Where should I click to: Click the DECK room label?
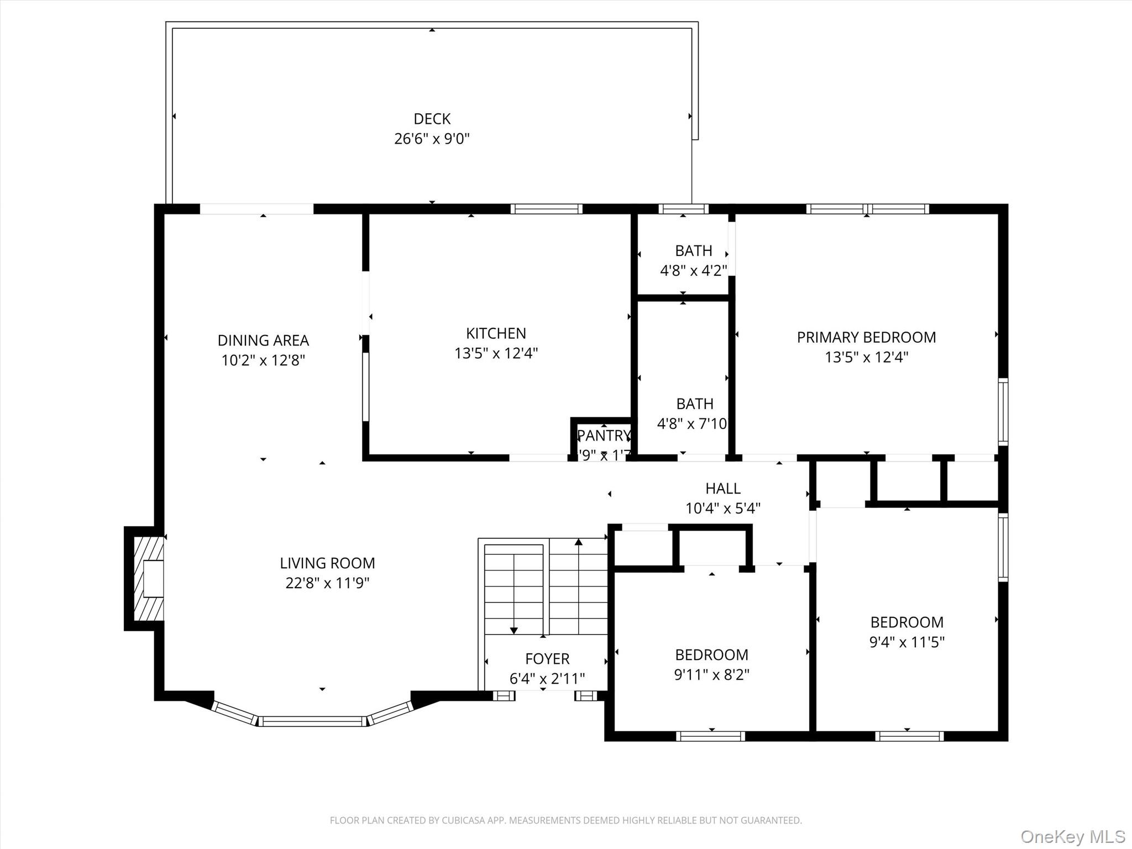tap(432, 119)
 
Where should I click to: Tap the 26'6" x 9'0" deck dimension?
tap(432, 139)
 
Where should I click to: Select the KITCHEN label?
tap(496, 333)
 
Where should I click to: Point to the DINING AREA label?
tap(263, 340)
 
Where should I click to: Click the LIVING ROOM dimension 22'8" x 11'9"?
tap(327, 583)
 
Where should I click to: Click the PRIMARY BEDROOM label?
tap(866, 337)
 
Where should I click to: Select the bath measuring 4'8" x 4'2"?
tap(693, 260)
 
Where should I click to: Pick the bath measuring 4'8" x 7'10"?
tap(693, 413)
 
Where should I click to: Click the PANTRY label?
tap(603, 436)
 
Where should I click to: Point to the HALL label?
tap(722, 489)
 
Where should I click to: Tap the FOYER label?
tap(547, 659)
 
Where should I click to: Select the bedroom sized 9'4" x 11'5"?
tap(906, 632)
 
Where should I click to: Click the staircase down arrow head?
tap(513, 631)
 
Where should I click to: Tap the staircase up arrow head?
tap(578, 542)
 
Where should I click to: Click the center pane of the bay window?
tap(313, 721)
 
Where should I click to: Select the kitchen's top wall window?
tap(546, 209)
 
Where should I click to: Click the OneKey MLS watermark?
tap(1072, 836)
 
